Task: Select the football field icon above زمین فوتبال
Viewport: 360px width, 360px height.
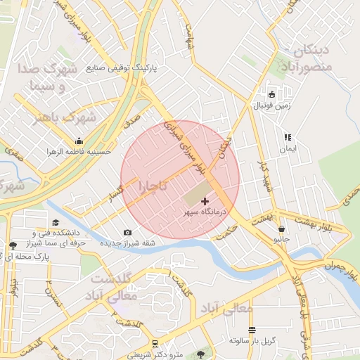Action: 272,94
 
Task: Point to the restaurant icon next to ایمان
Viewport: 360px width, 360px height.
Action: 287,138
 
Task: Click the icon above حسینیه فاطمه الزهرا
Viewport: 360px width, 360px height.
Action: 79,141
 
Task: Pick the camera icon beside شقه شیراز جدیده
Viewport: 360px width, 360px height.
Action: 127,233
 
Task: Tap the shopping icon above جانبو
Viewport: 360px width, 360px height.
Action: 282,229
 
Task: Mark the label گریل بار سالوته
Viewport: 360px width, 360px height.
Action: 250,340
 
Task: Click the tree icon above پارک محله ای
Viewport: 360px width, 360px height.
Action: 13,245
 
